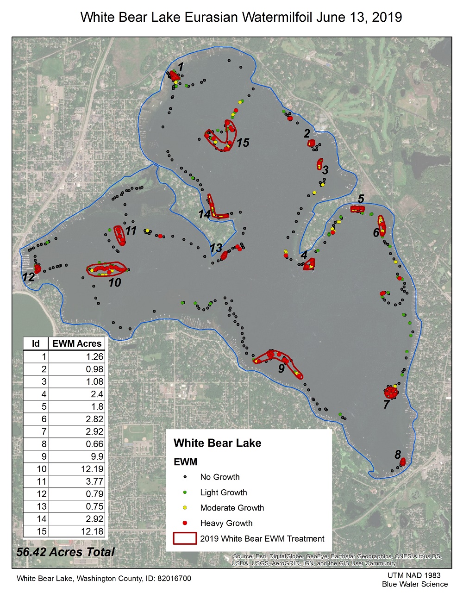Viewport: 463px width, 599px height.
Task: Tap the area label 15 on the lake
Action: (243, 143)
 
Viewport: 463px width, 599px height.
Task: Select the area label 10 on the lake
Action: (114, 282)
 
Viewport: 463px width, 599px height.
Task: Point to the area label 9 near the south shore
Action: (282, 368)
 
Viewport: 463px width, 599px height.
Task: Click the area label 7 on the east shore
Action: (386, 404)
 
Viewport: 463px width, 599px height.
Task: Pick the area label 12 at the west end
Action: (28, 277)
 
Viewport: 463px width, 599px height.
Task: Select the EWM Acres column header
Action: (77, 343)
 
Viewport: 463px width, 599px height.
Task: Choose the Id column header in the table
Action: (36, 343)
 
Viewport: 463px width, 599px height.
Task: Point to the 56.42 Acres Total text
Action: (65, 552)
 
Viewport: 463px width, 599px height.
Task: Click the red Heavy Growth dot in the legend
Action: (185, 523)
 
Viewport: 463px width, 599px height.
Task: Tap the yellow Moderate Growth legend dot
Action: (185, 508)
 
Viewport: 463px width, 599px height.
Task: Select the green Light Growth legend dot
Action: (185, 493)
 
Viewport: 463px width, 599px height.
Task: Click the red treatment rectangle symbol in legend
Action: (184, 538)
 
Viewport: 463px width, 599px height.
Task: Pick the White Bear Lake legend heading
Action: (217, 443)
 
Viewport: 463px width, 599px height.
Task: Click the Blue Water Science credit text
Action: (415, 584)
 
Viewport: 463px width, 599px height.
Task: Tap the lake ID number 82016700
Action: (172, 579)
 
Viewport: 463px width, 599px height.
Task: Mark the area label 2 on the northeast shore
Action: (307, 134)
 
